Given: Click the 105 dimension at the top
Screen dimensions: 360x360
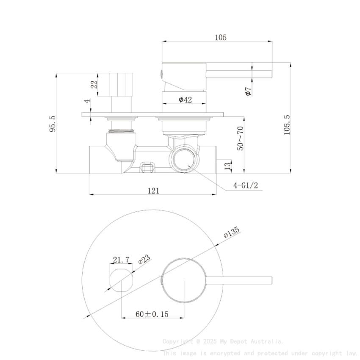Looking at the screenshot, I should [x=220, y=37].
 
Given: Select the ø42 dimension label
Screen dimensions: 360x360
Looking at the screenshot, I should [x=185, y=100].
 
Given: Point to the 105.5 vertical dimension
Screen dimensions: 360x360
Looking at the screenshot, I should [x=287, y=125].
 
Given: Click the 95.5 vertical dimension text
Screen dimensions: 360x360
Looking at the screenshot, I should [x=53, y=123].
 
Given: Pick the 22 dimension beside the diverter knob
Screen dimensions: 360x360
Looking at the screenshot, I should [x=94, y=84].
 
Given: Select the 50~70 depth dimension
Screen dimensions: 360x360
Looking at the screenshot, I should [x=240, y=138].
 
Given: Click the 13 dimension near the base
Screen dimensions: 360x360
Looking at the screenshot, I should [x=227, y=165].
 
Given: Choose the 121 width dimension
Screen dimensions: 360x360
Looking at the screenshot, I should [x=153, y=191].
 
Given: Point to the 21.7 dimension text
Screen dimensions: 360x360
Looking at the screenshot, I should [x=121, y=259].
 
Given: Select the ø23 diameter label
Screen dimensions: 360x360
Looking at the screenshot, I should [x=144, y=259].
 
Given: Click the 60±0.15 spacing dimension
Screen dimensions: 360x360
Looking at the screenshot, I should [x=152, y=314].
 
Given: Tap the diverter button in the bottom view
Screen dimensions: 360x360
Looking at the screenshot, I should [x=121, y=280].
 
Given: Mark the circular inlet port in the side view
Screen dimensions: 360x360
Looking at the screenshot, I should [x=184, y=160].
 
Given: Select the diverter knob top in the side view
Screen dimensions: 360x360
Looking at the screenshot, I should [x=122, y=84].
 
